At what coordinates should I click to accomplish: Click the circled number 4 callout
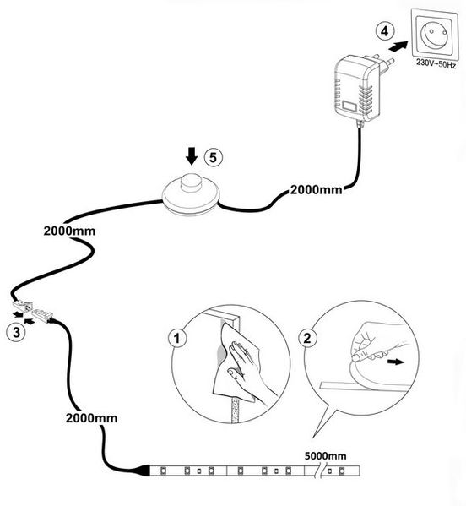tap(385, 31)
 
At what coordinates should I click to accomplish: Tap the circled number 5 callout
tap(214, 157)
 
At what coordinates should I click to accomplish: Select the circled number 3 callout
tap(16, 332)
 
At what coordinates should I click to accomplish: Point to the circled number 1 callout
tap(177, 338)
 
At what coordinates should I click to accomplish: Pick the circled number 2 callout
tap(307, 338)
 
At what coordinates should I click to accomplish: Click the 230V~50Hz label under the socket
tap(436, 63)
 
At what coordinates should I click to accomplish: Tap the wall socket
tap(435, 34)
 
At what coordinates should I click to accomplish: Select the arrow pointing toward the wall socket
tap(398, 47)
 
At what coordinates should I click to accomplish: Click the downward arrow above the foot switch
tap(192, 156)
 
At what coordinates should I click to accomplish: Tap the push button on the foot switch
tap(191, 182)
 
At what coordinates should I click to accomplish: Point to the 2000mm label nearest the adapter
tap(316, 190)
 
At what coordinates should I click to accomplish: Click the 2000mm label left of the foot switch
tap(69, 231)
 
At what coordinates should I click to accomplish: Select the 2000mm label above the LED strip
tap(91, 418)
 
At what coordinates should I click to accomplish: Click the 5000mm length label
tap(325, 456)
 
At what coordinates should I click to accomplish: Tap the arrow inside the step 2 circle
tap(395, 362)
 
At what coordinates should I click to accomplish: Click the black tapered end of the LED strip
tap(144, 471)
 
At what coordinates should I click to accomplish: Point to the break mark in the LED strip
tap(320, 471)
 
